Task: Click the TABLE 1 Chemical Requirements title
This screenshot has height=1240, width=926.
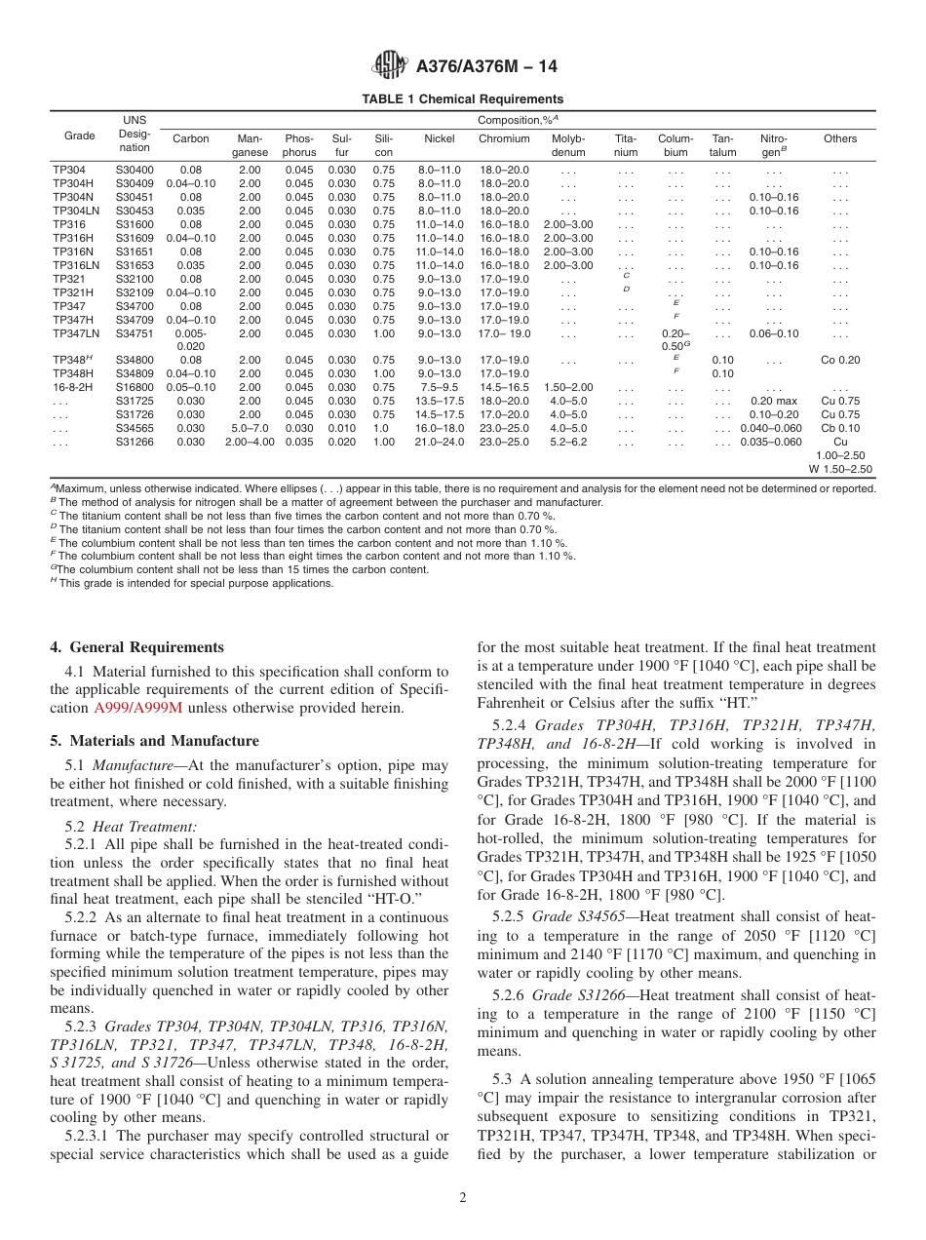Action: tap(462, 99)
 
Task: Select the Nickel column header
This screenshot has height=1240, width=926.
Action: tap(439, 138)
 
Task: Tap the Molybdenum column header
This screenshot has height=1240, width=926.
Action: tap(568, 145)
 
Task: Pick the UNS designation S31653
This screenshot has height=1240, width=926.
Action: tap(135, 265)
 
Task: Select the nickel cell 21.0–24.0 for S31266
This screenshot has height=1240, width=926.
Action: tap(439, 442)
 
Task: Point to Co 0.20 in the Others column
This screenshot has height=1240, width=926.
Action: tap(840, 360)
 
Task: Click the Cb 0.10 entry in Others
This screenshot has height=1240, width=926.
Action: tap(840, 428)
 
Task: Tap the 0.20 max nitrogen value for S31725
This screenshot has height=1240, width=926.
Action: tap(774, 401)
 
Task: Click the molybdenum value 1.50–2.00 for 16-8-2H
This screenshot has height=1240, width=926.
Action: tap(568, 387)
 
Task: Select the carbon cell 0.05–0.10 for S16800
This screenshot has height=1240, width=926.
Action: tap(191, 387)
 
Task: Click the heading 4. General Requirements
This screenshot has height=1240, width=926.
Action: tap(136, 647)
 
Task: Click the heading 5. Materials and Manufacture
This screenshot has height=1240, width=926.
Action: tap(154, 741)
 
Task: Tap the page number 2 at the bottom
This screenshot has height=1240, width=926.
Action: tap(463, 1198)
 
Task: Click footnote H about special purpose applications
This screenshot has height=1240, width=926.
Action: tap(195, 583)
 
